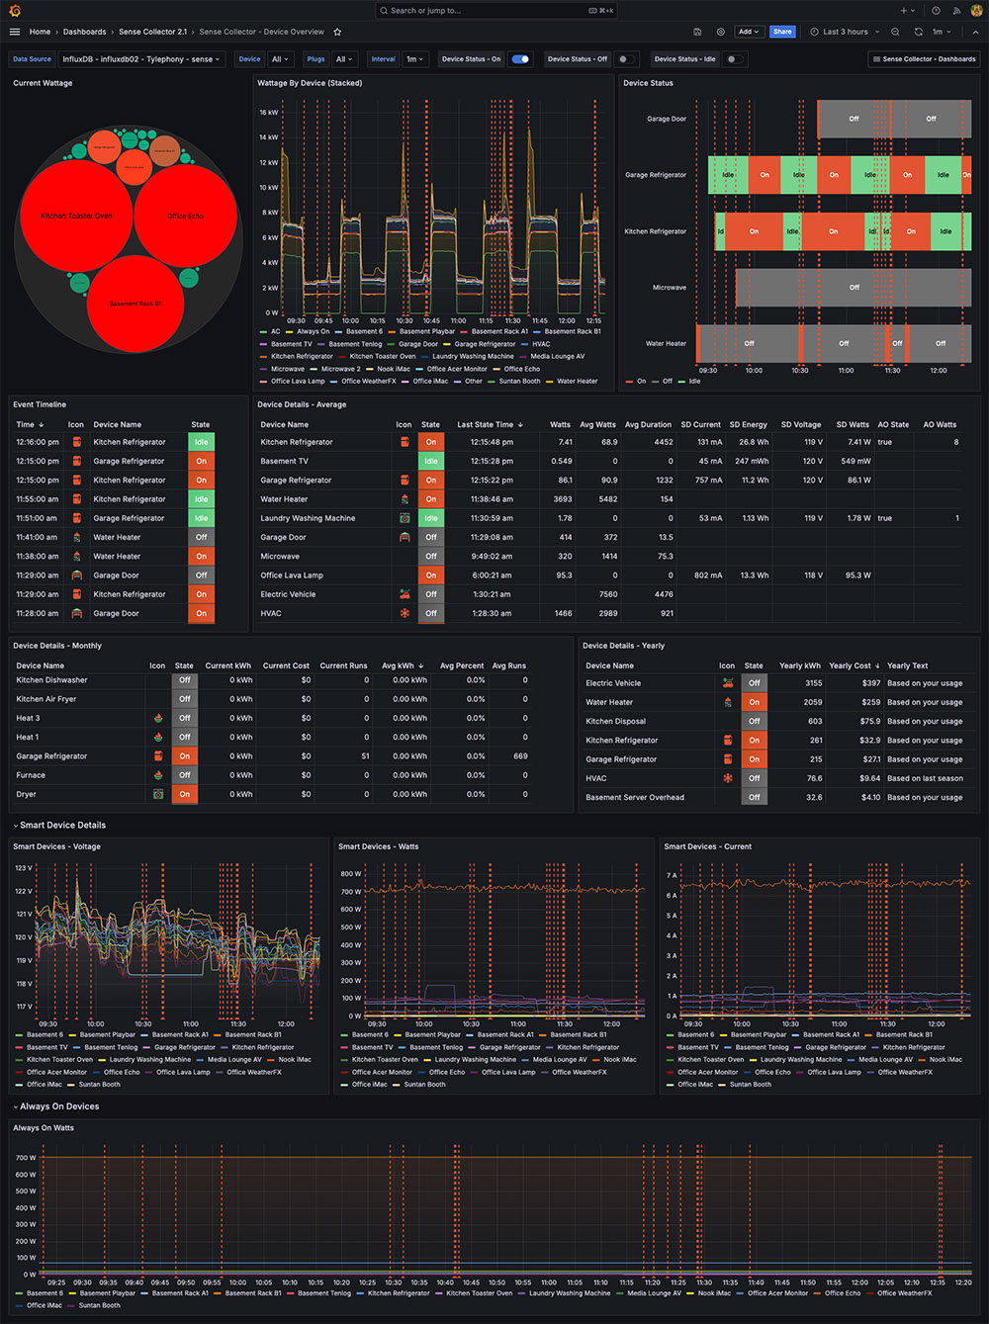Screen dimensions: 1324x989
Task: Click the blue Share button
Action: (782, 32)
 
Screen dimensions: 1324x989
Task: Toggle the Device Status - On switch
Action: (520, 59)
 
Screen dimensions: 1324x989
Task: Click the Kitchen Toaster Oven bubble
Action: (76, 216)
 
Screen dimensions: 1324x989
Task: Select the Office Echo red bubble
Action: (186, 216)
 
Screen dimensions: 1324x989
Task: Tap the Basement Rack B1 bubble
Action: (135, 304)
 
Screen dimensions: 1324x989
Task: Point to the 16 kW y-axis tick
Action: (268, 113)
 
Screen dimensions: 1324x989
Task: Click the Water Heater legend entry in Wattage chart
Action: (577, 381)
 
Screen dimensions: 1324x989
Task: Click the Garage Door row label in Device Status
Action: (667, 119)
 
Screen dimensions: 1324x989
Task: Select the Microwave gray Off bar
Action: (854, 288)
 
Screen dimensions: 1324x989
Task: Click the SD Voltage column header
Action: (800, 424)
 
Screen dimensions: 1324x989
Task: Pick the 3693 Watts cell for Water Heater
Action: (563, 499)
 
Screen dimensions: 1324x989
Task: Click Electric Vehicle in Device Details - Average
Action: (288, 594)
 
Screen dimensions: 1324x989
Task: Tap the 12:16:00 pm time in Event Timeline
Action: (38, 442)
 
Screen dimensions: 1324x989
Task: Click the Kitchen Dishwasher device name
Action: (51, 680)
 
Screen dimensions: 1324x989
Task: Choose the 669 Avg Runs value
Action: (520, 756)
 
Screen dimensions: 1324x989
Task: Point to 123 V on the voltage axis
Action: (24, 868)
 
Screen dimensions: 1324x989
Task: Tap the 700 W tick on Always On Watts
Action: (26, 1158)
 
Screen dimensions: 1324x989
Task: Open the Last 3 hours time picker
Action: (845, 32)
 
